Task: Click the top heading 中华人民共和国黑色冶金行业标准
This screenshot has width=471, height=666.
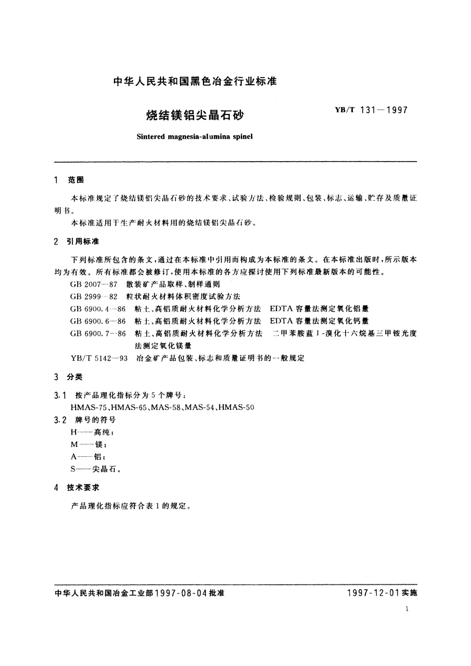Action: coord(195,82)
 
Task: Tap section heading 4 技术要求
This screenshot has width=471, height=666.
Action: coord(77,488)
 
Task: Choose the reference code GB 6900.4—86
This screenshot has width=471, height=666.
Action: coord(98,309)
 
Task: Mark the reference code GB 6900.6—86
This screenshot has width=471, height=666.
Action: coord(98,321)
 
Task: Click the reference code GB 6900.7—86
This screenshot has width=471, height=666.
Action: coord(98,334)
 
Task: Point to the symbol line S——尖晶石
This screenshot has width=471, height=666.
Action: coord(95,469)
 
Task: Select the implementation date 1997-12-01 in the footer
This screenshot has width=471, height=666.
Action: coord(372,593)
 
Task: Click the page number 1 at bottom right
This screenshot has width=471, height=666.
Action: coord(407,609)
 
